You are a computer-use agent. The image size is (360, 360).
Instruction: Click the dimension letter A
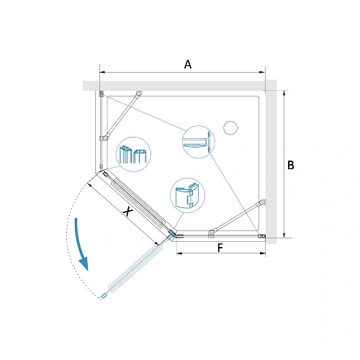click(188, 64)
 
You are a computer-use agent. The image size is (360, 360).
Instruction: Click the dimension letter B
click(291, 165)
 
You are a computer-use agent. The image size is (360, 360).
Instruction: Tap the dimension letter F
click(220, 248)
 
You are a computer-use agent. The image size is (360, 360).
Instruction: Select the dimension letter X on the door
click(127, 212)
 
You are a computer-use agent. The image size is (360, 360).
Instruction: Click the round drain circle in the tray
click(230, 128)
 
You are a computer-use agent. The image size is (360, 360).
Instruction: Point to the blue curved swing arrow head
click(84, 264)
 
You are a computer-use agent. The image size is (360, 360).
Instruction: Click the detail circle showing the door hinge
click(187, 195)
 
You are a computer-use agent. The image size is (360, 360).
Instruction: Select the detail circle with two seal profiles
click(133, 154)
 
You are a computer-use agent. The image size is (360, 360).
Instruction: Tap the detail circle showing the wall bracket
click(199, 142)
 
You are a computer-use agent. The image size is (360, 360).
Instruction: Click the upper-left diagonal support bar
click(121, 115)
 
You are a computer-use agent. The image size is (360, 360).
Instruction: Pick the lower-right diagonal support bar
click(236, 218)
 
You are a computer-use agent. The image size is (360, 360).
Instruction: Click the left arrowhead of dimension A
click(102, 72)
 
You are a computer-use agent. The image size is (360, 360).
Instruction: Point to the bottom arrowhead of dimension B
click(284, 235)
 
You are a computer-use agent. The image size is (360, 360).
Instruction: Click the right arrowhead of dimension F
click(262, 253)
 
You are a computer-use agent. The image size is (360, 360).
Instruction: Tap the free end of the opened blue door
click(102, 297)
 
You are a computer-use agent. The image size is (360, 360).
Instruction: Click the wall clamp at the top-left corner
click(102, 94)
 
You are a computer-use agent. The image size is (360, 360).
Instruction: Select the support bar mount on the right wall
click(264, 202)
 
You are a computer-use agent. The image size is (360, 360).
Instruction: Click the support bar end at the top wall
click(139, 93)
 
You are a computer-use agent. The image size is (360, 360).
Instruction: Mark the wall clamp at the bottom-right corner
click(261, 236)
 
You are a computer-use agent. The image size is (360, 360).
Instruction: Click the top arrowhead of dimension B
click(284, 94)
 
